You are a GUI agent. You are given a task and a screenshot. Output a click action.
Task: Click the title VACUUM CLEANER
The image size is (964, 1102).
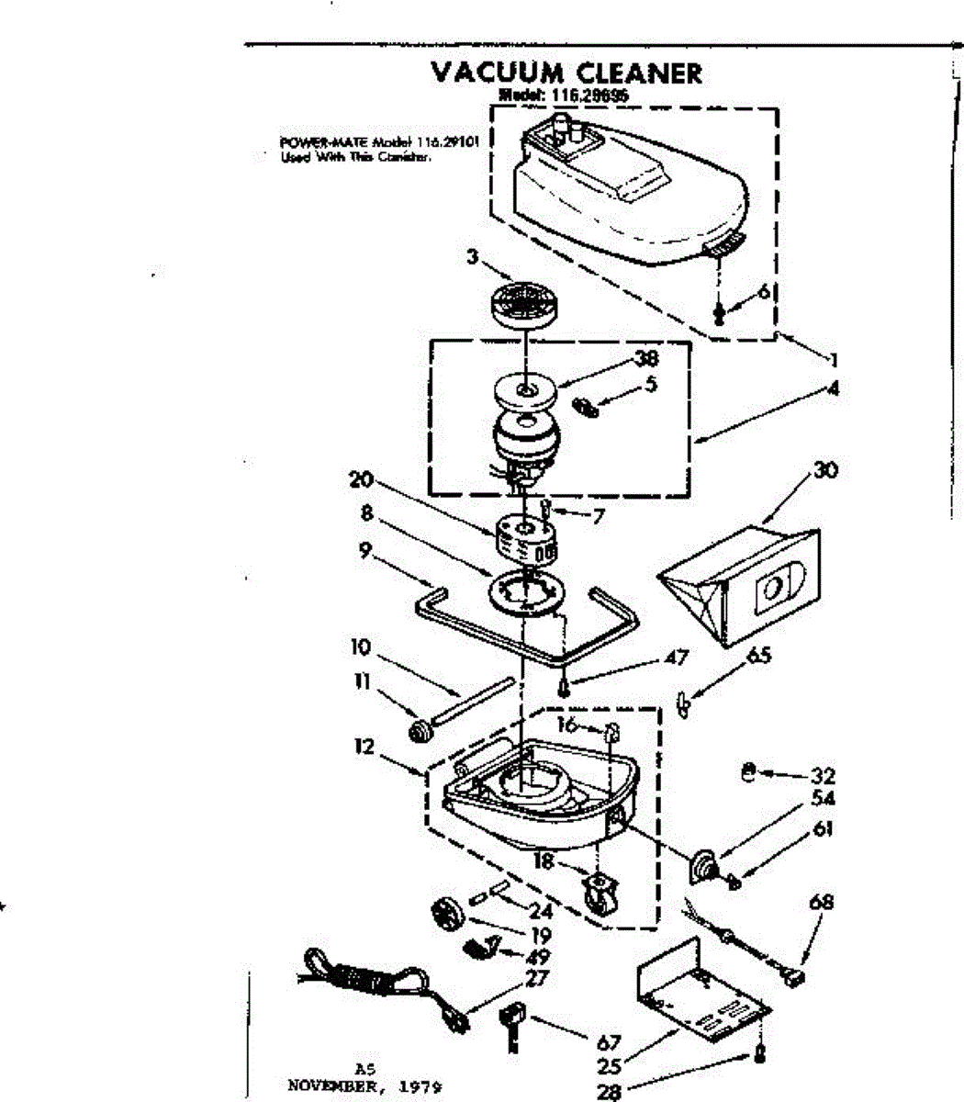(x=566, y=73)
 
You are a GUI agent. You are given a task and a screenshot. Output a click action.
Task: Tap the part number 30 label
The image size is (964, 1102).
(x=825, y=470)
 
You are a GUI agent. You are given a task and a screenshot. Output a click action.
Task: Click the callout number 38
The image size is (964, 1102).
(x=647, y=359)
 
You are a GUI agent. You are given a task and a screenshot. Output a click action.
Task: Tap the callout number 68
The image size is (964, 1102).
(x=821, y=903)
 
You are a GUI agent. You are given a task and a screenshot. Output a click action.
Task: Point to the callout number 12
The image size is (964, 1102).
(x=364, y=747)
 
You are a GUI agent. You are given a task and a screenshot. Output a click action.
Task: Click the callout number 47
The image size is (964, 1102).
(x=677, y=658)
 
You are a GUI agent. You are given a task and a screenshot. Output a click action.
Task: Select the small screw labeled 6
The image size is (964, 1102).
(x=719, y=315)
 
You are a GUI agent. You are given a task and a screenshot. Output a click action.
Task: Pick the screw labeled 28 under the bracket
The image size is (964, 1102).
(x=758, y=1053)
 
